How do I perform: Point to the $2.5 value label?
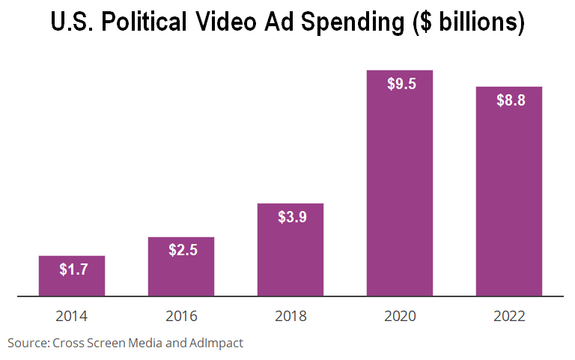(183, 251)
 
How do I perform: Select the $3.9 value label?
(292, 218)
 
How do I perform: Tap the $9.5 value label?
(401, 84)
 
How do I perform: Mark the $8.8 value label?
(511, 100)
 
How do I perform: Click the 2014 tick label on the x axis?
(72, 317)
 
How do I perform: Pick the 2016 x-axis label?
(181, 317)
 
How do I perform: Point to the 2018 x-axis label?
(290, 317)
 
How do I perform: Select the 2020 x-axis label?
(400, 317)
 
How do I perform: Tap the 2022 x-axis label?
(509, 317)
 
